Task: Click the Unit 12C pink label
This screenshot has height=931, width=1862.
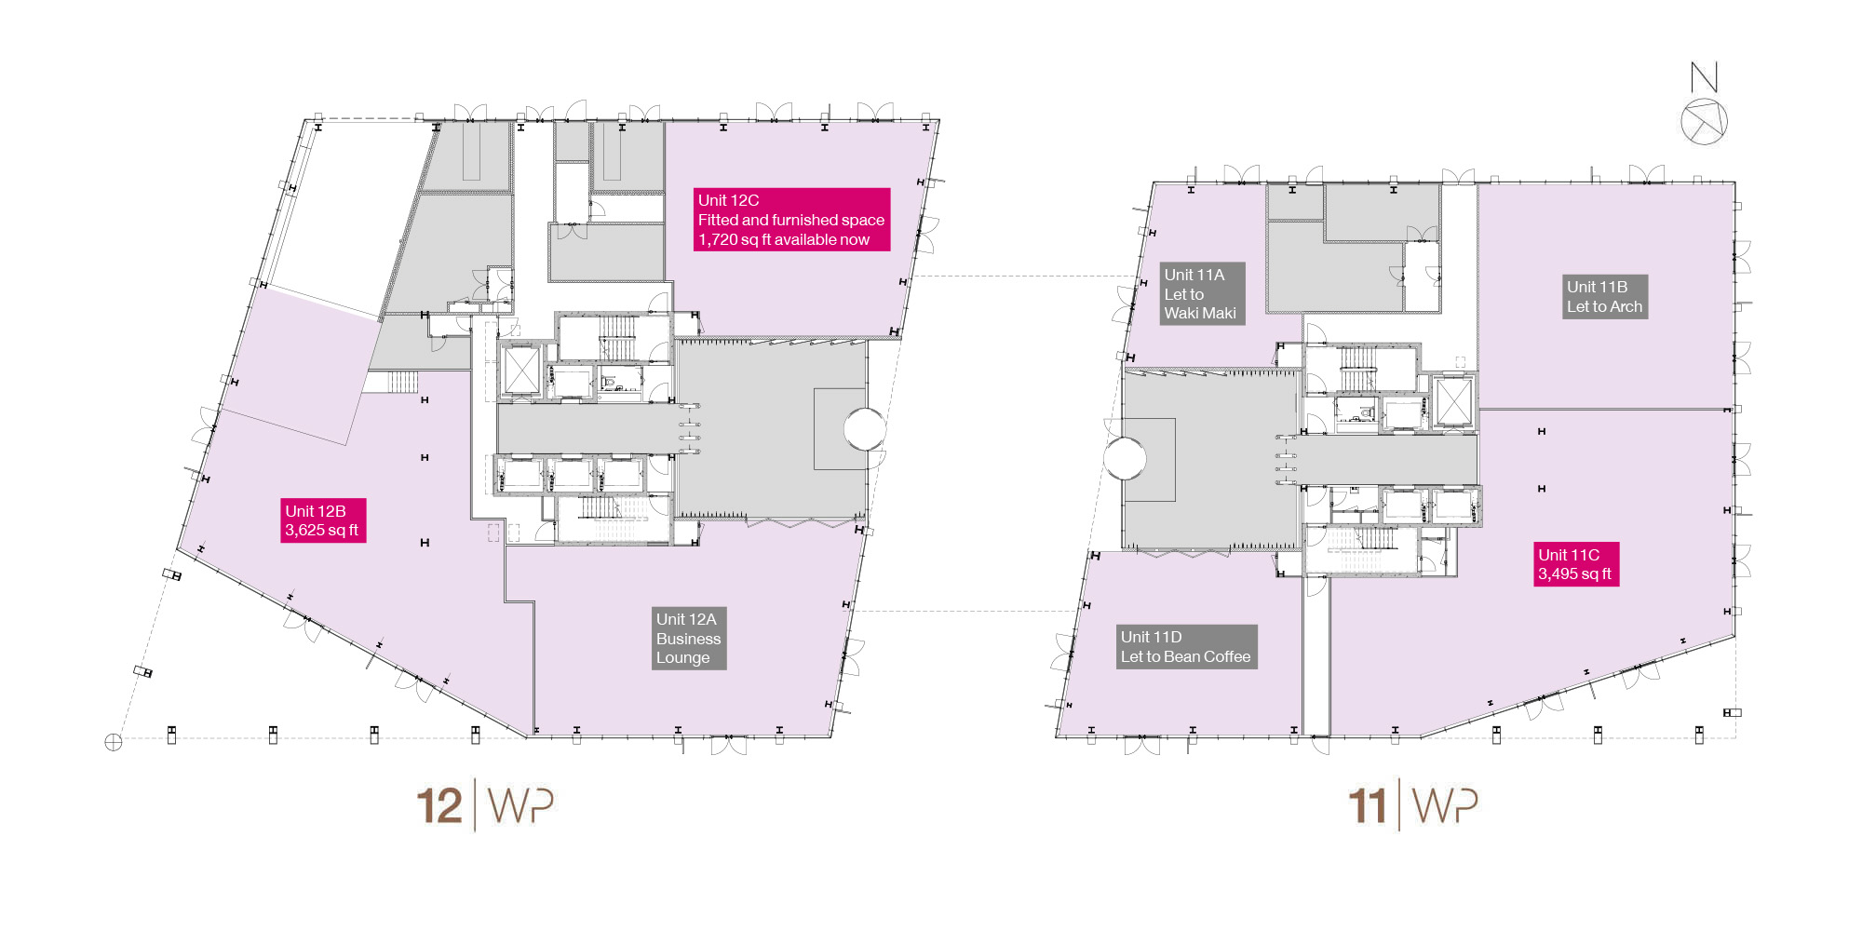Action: coord(790,220)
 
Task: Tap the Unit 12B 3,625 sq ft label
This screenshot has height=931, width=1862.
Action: coord(323,520)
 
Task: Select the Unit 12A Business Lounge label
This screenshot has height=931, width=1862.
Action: coord(688,638)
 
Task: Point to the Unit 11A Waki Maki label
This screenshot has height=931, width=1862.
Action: coord(1202,293)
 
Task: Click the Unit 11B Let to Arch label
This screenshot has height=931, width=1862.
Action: coord(1604,297)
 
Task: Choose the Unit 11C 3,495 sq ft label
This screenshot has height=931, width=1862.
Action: coord(1576,564)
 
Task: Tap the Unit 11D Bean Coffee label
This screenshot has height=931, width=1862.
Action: coord(1187,647)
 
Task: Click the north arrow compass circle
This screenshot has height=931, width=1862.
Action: coord(1704,121)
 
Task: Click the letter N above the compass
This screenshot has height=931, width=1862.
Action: coord(1704,76)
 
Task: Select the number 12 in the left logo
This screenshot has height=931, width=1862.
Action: coord(439,806)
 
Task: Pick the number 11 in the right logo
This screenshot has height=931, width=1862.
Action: coord(1368,806)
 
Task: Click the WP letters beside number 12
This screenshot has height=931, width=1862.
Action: coord(520,806)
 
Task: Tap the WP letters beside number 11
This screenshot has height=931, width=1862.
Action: coord(1445,806)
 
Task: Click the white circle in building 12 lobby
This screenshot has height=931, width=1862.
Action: coord(865,429)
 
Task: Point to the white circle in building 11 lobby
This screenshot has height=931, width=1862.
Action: coord(1125,458)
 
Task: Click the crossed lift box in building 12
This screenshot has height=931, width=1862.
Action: coord(520,371)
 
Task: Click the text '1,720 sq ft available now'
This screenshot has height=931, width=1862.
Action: coord(784,239)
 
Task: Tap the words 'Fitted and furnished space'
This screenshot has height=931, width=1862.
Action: coord(791,220)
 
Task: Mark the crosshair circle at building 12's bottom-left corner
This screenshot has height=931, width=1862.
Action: coord(114,742)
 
